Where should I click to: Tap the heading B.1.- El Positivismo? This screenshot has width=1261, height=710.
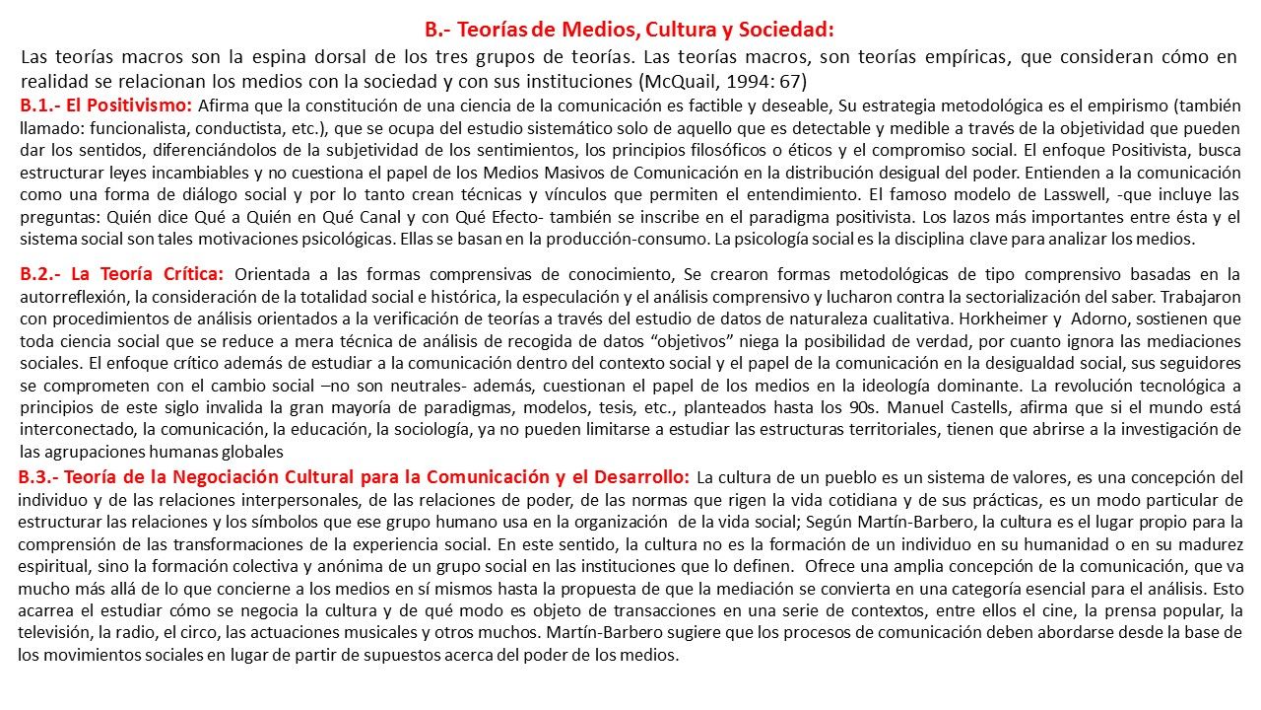pos(107,105)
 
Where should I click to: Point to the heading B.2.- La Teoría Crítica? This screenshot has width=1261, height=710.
pos(122,273)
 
